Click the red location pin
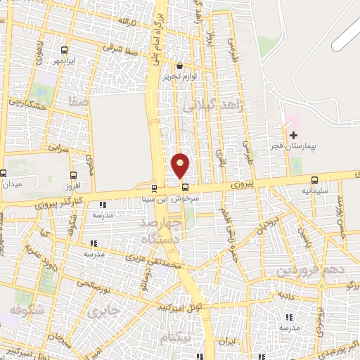[181, 165]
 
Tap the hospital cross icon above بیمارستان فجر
[294, 134]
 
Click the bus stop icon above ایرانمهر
[64, 50]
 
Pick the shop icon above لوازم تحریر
[180, 65]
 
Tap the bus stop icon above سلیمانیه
[314, 179]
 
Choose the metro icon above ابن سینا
[154, 188]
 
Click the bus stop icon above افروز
[73, 176]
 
